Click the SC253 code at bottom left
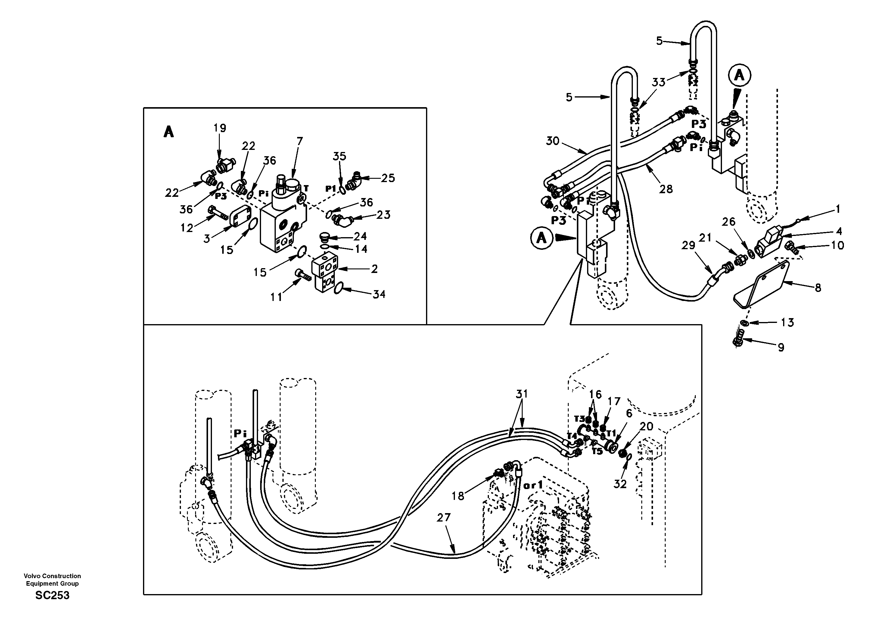coord(52,595)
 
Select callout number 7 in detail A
coord(299,141)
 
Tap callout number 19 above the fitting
coord(220,128)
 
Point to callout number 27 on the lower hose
coord(444,518)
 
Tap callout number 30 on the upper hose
coord(552,141)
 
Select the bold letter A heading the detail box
coord(169,132)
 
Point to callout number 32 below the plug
coord(620,484)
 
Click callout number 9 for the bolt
coord(781,347)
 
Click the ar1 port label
coord(533,486)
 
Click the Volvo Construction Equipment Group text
coord(52,579)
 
